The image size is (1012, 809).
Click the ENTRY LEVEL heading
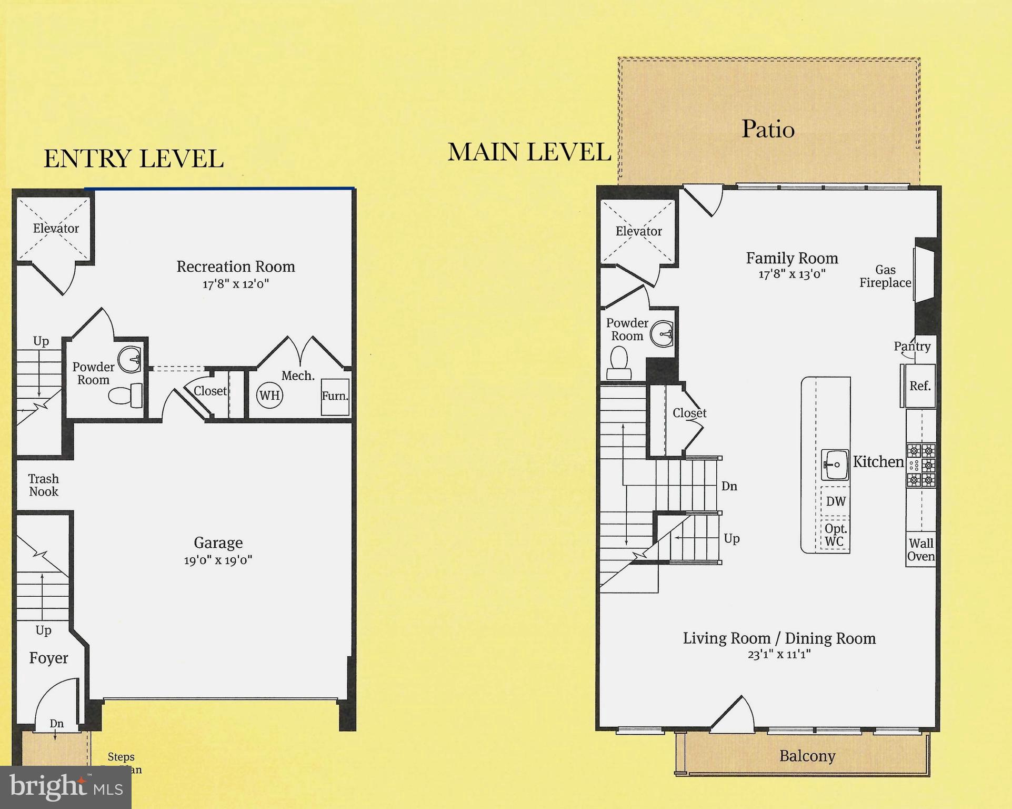point(133,159)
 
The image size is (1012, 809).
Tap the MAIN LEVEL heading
point(529,152)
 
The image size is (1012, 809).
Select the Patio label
point(768,129)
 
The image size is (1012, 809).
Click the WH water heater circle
point(269,395)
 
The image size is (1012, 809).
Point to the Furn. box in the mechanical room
point(335,397)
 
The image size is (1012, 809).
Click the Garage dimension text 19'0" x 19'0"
point(218,560)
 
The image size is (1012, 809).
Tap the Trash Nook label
point(44,485)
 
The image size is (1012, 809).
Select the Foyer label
point(48,658)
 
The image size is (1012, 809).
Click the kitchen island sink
point(835,465)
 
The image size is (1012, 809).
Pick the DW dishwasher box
point(836,501)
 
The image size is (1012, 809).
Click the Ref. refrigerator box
point(920,386)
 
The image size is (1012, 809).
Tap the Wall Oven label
point(921,550)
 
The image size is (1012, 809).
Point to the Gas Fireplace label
point(885,277)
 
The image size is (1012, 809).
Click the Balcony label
point(807,756)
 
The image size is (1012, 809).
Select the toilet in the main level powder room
point(619,363)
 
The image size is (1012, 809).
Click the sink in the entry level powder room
point(129,359)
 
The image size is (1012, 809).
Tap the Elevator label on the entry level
point(56,229)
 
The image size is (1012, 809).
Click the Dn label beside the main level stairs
point(729,486)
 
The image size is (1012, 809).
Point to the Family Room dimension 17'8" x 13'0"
point(791,274)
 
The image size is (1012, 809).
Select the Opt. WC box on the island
point(835,535)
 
